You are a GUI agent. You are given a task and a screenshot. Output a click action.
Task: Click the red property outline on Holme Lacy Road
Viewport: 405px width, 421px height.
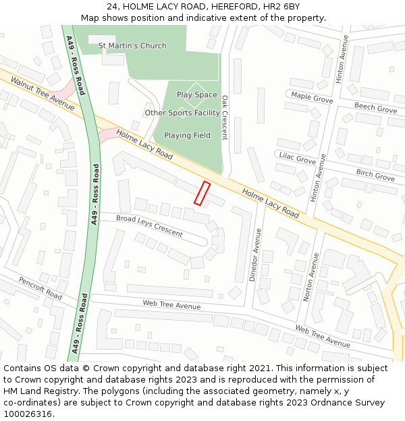click(202, 193)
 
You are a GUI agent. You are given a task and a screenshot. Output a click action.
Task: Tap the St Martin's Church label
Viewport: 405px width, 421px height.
click(132, 46)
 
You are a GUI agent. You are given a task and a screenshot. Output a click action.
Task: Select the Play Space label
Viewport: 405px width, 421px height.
click(197, 95)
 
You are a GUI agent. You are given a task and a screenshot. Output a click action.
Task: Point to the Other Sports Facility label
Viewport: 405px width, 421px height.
click(182, 113)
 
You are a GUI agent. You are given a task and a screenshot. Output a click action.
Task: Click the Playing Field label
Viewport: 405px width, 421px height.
click(187, 135)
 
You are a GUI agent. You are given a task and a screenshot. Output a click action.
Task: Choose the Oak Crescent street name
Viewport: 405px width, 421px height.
click(225, 117)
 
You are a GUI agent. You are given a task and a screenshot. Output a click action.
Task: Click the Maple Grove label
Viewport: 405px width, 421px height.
click(312, 98)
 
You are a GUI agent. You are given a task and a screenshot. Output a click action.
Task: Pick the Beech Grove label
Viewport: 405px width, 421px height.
click(375, 108)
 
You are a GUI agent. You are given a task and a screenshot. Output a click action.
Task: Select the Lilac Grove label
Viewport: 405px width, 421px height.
click(297, 159)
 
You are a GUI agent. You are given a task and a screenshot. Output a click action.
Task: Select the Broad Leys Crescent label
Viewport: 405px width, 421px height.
click(149, 226)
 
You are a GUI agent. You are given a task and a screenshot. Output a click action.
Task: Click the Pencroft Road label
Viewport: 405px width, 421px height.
click(40, 288)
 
